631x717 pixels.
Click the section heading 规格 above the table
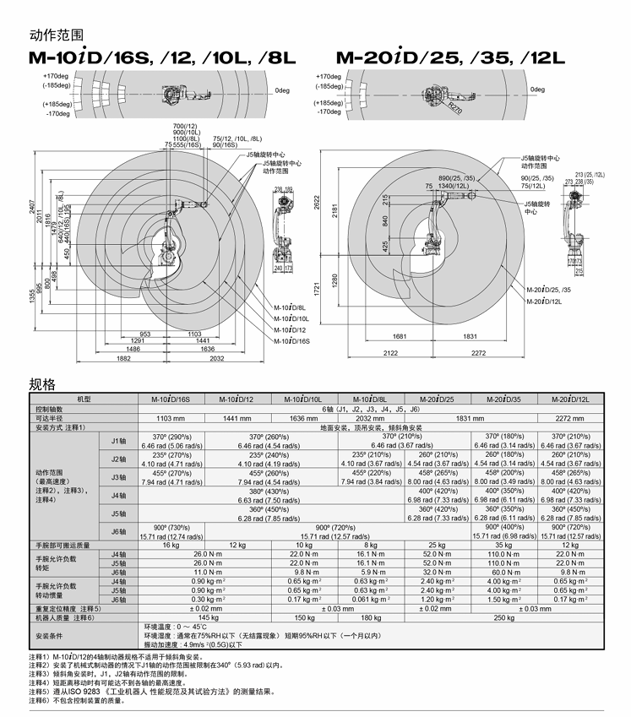[42, 384]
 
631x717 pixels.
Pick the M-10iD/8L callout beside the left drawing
[291, 308]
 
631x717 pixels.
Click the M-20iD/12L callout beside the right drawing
[543, 301]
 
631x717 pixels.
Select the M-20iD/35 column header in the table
[505, 399]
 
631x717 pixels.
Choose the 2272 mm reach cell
[569, 418]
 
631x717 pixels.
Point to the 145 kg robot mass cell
[204, 617]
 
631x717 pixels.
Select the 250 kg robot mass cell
[505, 617]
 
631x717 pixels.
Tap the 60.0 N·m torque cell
[505, 572]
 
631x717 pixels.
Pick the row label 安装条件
[49, 634]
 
